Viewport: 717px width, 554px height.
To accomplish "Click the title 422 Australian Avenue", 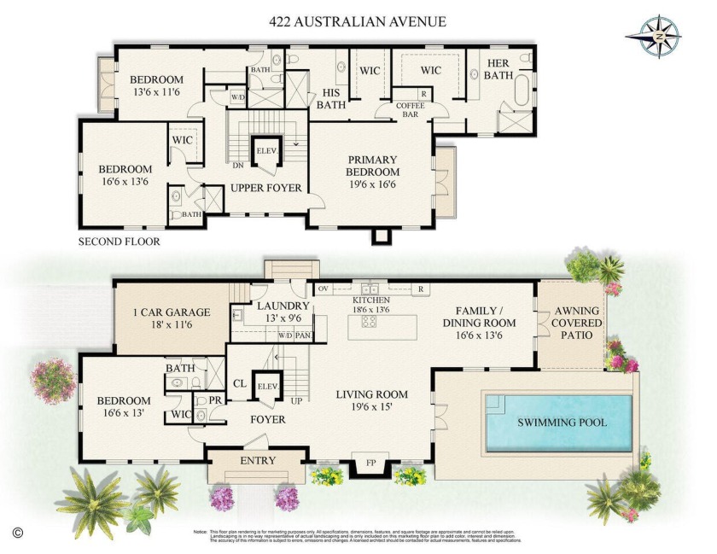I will [x=358, y=21].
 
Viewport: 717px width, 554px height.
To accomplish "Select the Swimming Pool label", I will [x=561, y=423].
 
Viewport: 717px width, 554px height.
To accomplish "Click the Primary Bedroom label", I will [x=371, y=165].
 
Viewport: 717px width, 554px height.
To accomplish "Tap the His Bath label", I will [x=330, y=99].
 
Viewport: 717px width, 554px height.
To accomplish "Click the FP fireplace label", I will [x=371, y=463].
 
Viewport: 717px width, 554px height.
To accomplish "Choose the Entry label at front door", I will [x=258, y=461].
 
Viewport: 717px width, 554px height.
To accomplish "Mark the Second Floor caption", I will [x=119, y=242].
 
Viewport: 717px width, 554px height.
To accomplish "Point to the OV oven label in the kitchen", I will [x=323, y=289].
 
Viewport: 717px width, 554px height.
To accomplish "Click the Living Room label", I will [x=371, y=400].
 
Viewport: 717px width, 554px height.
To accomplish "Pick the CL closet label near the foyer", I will [x=240, y=383].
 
